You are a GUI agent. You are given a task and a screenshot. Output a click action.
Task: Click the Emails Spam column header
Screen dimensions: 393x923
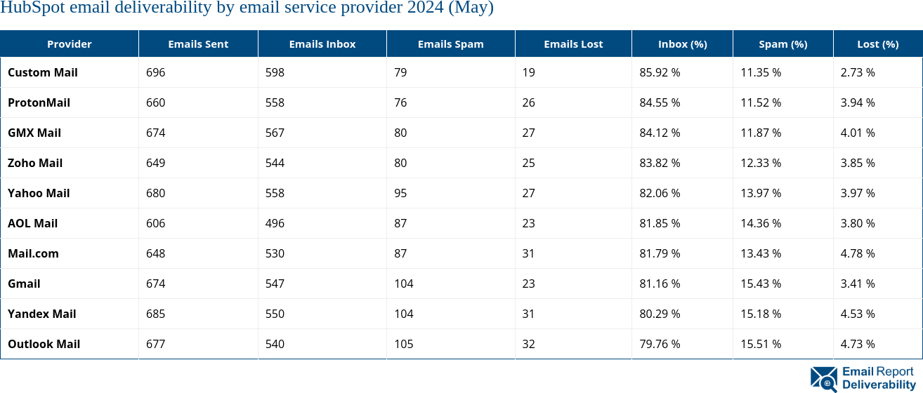pyautogui.click(x=450, y=44)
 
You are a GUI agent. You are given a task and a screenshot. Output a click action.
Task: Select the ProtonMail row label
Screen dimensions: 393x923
pyautogui.click(x=39, y=102)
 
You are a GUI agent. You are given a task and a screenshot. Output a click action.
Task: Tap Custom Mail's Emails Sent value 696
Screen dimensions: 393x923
pyautogui.click(x=155, y=72)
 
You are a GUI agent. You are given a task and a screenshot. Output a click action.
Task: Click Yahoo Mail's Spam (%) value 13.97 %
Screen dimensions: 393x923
pyautogui.click(x=761, y=193)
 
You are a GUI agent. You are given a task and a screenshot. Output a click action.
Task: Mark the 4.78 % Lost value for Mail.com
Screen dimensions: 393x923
pyautogui.click(x=857, y=253)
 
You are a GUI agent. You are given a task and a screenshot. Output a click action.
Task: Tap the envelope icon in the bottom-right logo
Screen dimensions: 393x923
pyautogui.click(x=823, y=378)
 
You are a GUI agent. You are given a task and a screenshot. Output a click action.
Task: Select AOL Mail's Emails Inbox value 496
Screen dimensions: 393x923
pyautogui.click(x=275, y=223)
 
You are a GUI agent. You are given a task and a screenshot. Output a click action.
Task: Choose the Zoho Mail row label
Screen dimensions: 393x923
pyautogui.click(x=35, y=163)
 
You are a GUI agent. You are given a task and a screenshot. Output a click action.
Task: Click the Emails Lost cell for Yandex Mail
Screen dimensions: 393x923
pyautogui.click(x=528, y=314)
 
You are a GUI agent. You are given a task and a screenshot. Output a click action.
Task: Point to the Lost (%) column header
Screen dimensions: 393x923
pyautogui.click(x=877, y=44)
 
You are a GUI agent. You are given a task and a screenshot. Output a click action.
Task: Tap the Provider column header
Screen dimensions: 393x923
pyautogui.click(x=69, y=44)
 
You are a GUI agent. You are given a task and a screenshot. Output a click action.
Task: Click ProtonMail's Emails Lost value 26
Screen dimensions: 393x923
pyautogui.click(x=528, y=102)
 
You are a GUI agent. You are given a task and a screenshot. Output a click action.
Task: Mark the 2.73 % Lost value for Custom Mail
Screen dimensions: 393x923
pyautogui.click(x=857, y=72)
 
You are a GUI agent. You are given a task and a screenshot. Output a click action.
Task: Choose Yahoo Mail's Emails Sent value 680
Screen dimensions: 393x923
pyautogui.click(x=155, y=193)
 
